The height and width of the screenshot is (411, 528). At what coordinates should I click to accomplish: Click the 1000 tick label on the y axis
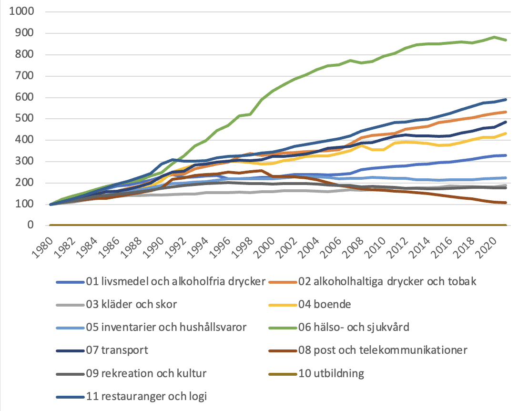point(21,11)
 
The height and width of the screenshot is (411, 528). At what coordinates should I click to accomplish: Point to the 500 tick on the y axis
point(25,118)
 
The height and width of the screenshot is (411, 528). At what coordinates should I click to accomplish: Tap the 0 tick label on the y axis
point(30,225)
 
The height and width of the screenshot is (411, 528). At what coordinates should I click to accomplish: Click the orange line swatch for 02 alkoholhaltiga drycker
point(283,282)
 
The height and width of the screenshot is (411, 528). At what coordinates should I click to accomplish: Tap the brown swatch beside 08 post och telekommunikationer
point(283,351)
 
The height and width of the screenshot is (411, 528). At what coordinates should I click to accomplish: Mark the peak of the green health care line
point(494,37)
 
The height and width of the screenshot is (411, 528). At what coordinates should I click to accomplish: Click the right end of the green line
point(506,40)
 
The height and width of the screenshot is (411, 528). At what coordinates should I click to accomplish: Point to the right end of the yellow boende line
point(506,134)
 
